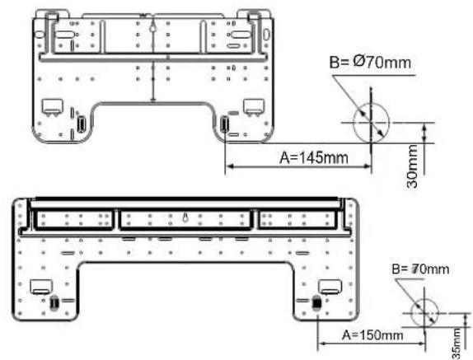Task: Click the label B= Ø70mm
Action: (370, 63)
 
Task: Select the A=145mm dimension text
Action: (314, 157)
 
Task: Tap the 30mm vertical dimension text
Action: (412, 166)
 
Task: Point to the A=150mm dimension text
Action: (372, 335)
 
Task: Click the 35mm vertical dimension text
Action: (457, 344)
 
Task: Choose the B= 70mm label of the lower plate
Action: (420, 269)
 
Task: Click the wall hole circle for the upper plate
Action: (371, 123)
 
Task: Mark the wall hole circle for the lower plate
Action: (424, 313)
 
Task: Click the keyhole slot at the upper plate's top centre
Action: (153, 28)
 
